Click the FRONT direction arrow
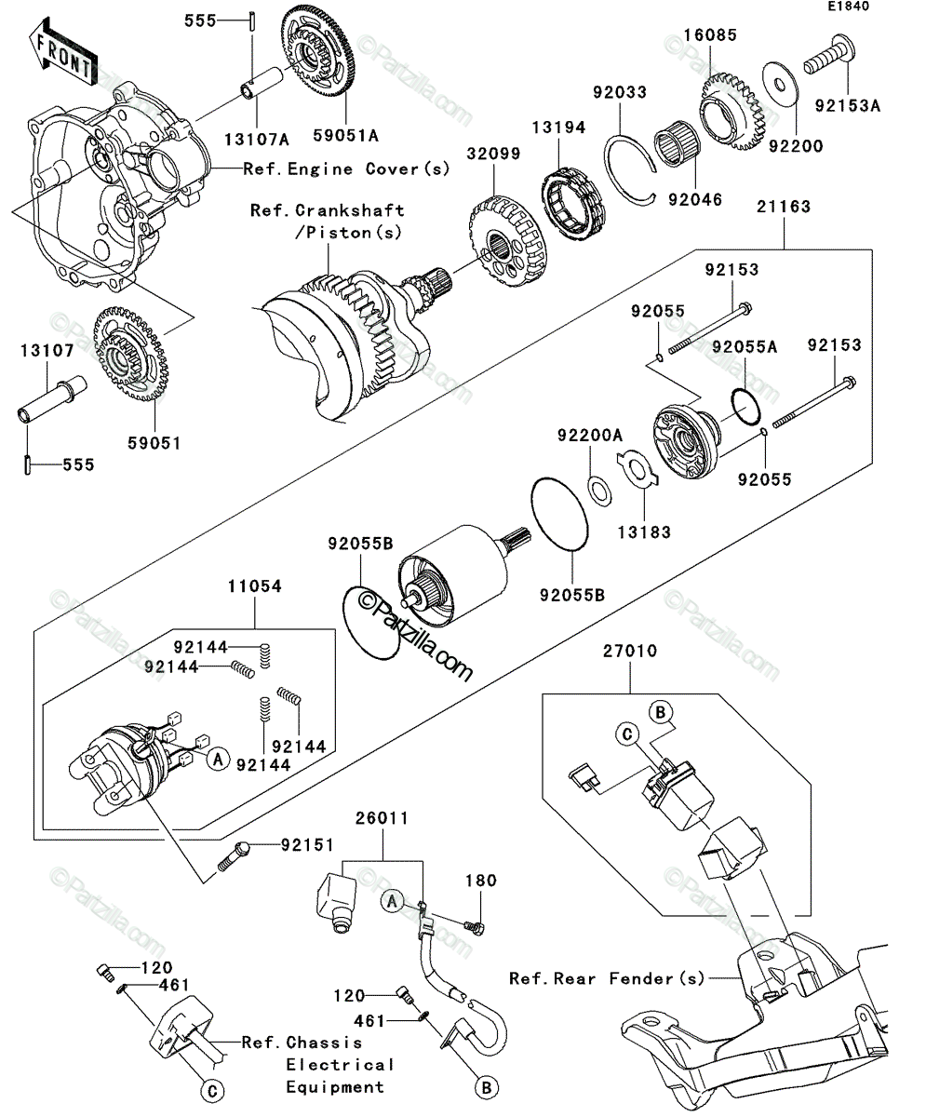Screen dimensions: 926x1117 (62, 52)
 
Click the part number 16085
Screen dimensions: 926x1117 (710, 34)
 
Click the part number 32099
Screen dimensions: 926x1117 (493, 155)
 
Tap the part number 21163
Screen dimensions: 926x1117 (784, 207)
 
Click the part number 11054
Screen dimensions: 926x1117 (255, 586)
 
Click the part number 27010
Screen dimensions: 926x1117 (630, 652)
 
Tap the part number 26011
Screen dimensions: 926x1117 (382, 818)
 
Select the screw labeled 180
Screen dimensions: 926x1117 (474, 927)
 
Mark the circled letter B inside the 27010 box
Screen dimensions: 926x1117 (660, 713)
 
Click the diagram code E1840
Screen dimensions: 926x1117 (849, 7)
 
